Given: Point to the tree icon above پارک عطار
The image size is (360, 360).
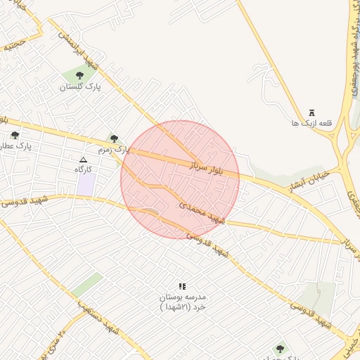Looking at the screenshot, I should point(15,135).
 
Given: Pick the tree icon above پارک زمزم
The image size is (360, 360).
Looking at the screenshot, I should point(115,139).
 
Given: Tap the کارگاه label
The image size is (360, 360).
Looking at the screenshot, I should point(84,169).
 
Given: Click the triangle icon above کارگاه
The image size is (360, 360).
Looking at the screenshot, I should point(84,160).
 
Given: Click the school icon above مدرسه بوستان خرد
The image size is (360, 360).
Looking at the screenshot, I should point(182,286).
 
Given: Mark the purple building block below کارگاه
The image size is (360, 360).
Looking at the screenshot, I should point(86,185).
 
